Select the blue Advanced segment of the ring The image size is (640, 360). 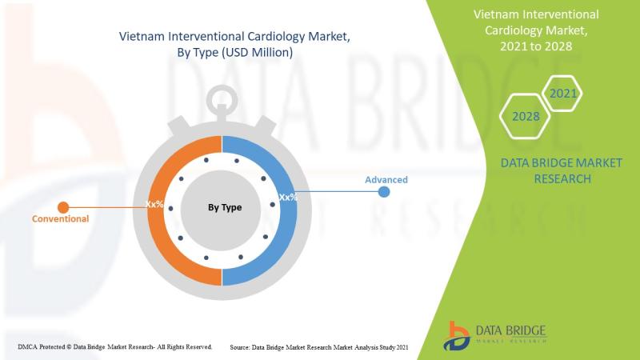pyautogui.click(x=289, y=229)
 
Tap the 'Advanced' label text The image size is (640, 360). pyautogui.click(x=386, y=179)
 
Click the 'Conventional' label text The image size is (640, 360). pyautogui.click(x=61, y=218)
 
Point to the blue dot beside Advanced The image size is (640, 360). pyautogui.click(x=384, y=191)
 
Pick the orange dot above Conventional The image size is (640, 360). pyautogui.click(x=63, y=207)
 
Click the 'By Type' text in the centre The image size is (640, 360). pyautogui.click(x=225, y=207)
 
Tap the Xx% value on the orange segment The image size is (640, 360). pyautogui.click(x=154, y=204)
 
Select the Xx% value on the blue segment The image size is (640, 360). pyautogui.click(x=288, y=197)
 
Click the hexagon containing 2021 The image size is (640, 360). pyautogui.click(x=562, y=94)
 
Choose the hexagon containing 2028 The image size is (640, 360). pyautogui.click(x=525, y=116)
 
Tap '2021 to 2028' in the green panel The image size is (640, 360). pyautogui.click(x=536, y=46)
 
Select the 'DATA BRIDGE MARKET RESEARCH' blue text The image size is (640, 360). pyautogui.click(x=562, y=170)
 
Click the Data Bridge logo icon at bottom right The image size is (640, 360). pyautogui.click(x=456, y=336)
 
